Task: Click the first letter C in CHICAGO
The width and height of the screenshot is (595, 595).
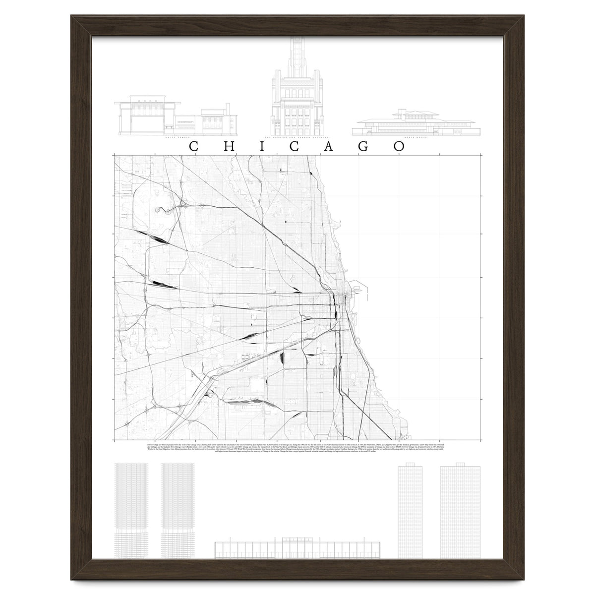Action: tap(195, 147)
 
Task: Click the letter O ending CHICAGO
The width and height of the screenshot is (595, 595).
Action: tap(400, 147)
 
